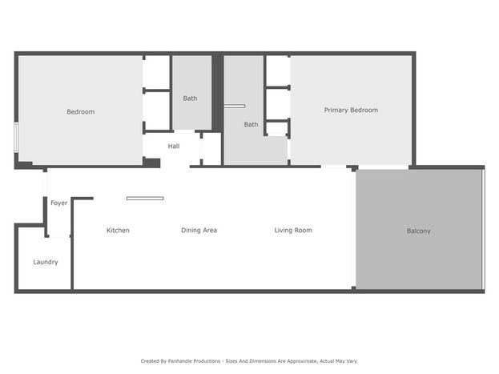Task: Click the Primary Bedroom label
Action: [x=351, y=111]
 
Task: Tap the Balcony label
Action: [x=418, y=231]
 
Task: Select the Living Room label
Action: [x=293, y=230]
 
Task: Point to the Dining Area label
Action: [x=199, y=230]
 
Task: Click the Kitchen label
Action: [x=118, y=230]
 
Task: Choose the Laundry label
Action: [x=46, y=262]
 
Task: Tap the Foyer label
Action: [x=59, y=203]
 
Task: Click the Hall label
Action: [x=174, y=146]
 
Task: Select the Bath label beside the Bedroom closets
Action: [x=190, y=99]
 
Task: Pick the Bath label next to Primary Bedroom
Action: [x=251, y=124]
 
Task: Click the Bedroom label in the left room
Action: [x=81, y=112]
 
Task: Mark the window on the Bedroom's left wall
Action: [x=16, y=137]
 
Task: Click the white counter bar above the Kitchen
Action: [x=145, y=199]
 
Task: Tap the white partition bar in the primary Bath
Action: [x=235, y=106]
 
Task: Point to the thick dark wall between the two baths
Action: [x=217, y=93]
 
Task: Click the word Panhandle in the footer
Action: [x=178, y=361]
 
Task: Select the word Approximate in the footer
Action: [x=302, y=361]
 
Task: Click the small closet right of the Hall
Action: [x=211, y=148]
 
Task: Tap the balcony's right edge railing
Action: [x=483, y=229]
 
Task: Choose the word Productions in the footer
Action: [x=205, y=361]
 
